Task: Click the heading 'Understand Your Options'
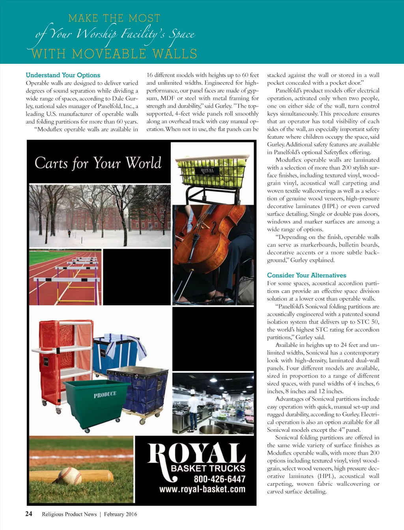[x=63, y=75]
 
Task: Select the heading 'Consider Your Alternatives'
[x=307, y=275]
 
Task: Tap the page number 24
[x=29, y=513]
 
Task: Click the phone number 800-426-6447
[x=219, y=479]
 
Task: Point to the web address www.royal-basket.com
[x=202, y=489]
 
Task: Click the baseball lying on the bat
[x=70, y=475]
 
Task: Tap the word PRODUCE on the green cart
[x=105, y=394]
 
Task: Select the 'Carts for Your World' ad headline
[x=98, y=162]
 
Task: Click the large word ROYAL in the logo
[x=196, y=453]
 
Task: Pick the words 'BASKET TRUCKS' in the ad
[x=208, y=468]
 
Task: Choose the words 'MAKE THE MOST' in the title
[x=114, y=19]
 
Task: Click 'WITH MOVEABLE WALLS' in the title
[x=114, y=54]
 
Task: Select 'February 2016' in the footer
[x=120, y=514]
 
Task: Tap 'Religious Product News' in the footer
[x=69, y=514]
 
